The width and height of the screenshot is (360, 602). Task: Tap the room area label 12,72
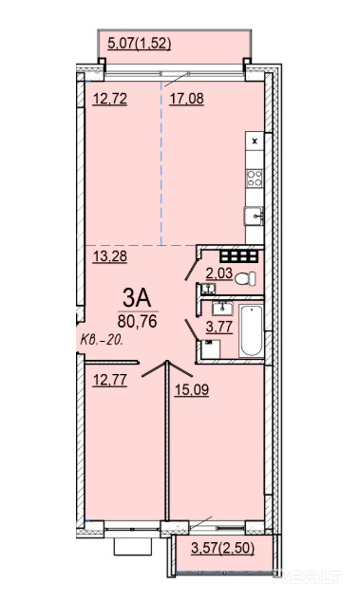(110, 99)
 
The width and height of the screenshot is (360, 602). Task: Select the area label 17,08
(187, 99)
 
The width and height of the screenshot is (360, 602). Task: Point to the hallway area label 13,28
(110, 255)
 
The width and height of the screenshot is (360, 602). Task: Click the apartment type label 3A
(138, 297)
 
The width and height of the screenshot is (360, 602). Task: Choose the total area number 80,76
(138, 321)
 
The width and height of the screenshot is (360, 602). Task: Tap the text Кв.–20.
(102, 340)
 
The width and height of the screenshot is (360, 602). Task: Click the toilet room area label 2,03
(219, 273)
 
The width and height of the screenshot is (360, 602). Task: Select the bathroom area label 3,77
(219, 327)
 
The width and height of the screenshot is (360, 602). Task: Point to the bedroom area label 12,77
(110, 380)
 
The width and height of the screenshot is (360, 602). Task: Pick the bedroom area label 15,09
(192, 390)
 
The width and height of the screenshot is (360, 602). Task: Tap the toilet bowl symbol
(245, 278)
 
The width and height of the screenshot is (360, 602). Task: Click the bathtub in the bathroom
(252, 331)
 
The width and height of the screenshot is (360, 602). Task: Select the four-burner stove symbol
(255, 179)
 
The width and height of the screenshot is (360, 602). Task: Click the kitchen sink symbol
(254, 216)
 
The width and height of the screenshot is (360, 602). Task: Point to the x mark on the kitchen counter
(255, 141)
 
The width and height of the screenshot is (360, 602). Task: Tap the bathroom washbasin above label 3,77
(222, 309)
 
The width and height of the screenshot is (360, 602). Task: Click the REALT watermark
(307, 575)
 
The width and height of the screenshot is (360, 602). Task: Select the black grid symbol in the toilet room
(238, 256)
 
